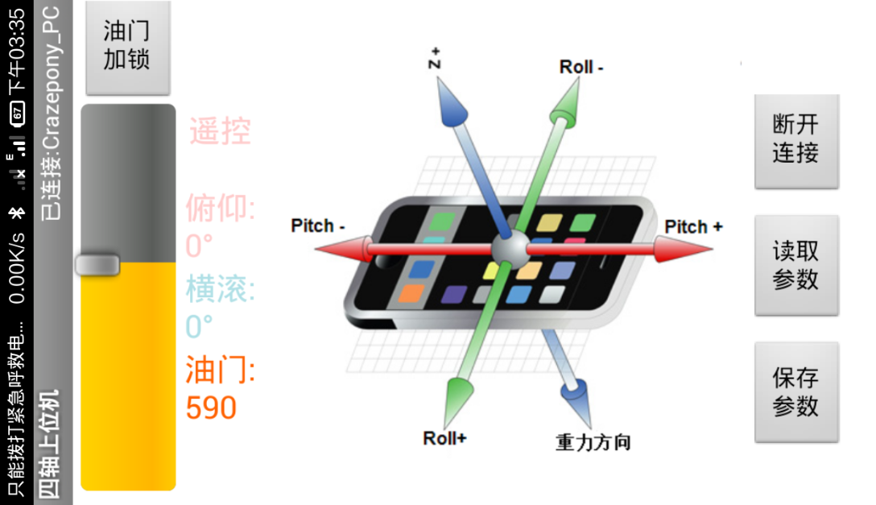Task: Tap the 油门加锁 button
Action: [127, 46]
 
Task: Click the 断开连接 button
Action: [795, 139]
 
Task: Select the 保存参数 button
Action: [795, 392]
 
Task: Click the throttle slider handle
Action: [97, 265]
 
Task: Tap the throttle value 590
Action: [211, 408]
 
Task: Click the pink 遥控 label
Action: [220, 131]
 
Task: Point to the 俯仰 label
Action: [220, 209]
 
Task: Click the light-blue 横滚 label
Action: [220, 289]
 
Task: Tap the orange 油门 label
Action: [220, 370]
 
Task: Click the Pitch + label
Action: [693, 227]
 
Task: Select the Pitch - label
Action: [318, 226]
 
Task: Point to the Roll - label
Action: [581, 67]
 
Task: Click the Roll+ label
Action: [444, 438]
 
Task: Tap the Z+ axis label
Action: [436, 59]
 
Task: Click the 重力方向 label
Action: [593, 441]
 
